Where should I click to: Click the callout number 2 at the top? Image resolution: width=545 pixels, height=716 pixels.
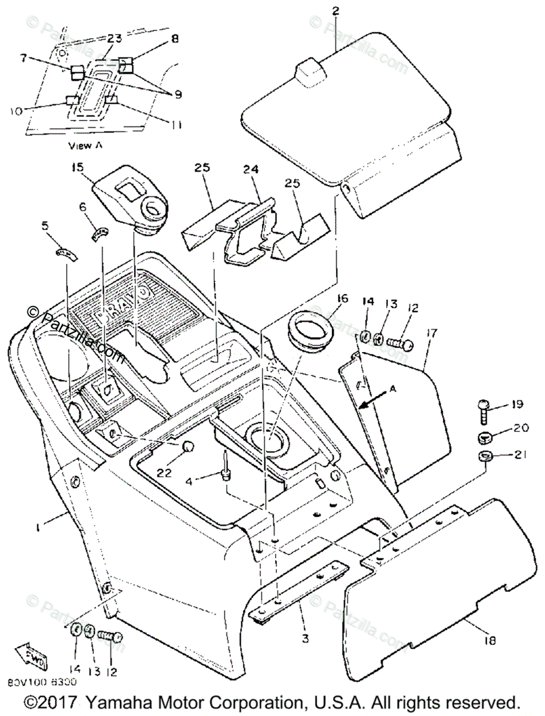[335, 11]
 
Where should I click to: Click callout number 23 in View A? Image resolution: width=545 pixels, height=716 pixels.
[114, 39]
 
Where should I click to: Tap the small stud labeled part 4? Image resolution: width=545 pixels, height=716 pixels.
[226, 463]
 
